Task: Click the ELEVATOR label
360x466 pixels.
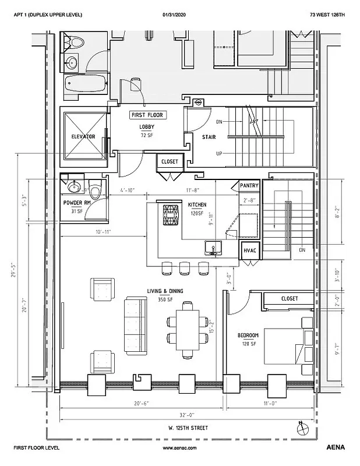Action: point(83,136)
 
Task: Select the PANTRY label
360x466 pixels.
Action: point(249,185)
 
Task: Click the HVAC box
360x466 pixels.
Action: point(250,250)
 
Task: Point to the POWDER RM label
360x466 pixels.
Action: point(76,203)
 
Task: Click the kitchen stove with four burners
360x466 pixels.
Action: point(170,215)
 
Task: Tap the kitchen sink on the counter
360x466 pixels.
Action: point(213,248)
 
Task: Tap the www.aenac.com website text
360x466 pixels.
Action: point(179,449)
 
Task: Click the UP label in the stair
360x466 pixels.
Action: point(218,154)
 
